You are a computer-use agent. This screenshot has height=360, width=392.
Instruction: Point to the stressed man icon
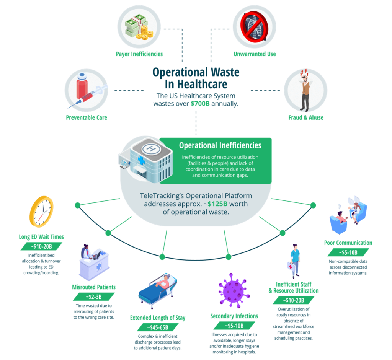(x=305, y=90)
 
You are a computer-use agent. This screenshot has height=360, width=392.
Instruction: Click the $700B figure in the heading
(x=200, y=104)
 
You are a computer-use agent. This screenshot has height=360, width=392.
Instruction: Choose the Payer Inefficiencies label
(x=139, y=54)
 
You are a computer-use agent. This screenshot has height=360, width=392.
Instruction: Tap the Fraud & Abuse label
(x=305, y=117)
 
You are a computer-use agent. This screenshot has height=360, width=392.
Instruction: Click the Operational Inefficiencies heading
(x=220, y=145)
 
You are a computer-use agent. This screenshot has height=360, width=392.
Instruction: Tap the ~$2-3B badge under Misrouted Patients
(x=94, y=296)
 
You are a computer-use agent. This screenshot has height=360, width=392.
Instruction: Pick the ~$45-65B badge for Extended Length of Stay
(x=158, y=327)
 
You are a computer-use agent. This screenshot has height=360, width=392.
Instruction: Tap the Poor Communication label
(x=348, y=243)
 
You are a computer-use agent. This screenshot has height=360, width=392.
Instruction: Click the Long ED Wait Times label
(x=41, y=237)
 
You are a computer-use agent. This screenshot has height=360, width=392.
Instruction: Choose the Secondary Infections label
(x=234, y=316)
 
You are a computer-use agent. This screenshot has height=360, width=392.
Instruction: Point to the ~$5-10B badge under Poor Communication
(x=348, y=252)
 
